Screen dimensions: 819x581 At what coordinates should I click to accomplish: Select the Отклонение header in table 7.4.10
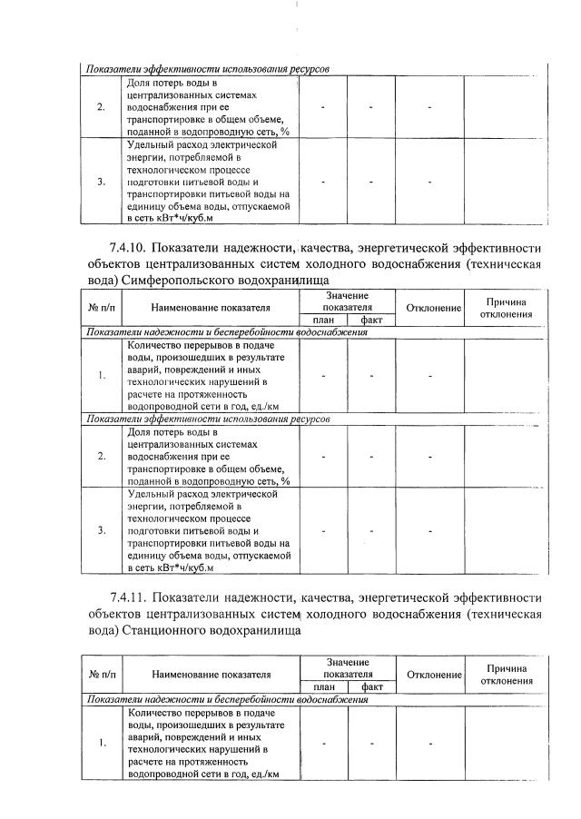[x=434, y=309]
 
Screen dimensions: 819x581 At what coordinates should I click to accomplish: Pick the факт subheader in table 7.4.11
[x=372, y=687]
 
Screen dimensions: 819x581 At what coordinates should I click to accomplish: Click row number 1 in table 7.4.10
[x=102, y=376]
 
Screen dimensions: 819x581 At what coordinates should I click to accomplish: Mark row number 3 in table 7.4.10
[x=102, y=530]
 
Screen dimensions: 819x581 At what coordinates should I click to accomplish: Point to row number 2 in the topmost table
[x=102, y=107]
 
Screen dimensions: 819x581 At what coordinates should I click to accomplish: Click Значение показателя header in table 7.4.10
[x=348, y=302]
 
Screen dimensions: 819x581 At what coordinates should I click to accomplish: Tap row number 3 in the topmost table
[x=102, y=181]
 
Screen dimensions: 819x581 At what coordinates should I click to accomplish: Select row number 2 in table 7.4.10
[x=102, y=456]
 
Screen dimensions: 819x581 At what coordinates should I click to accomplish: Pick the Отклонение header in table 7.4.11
[x=434, y=675]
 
